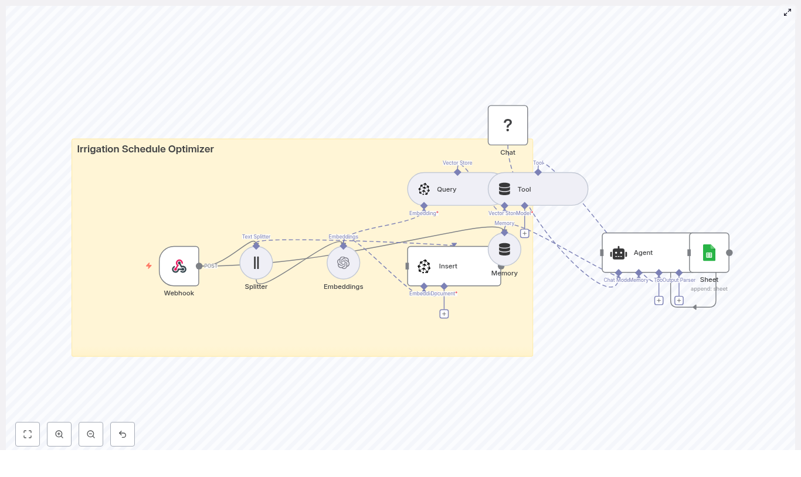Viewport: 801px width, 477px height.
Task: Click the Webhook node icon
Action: coord(179,266)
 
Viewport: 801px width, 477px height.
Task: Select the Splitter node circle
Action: coord(256,263)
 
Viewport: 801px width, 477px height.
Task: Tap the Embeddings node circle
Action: coord(344,263)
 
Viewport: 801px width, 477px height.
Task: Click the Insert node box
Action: coord(454,266)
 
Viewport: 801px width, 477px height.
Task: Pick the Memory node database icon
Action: coord(504,249)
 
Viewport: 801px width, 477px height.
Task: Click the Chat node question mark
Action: coord(508,125)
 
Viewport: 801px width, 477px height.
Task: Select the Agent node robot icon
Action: coord(619,253)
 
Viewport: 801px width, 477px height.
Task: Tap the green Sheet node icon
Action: coord(709,253)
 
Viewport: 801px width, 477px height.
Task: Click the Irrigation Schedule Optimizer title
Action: coord(145,149)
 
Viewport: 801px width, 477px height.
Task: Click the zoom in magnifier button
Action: coord(59,434)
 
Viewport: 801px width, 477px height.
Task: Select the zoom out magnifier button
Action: coord(91,434)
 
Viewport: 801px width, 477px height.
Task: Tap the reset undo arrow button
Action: coord(123,434)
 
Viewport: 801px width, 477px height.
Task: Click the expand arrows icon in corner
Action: coord(788,12)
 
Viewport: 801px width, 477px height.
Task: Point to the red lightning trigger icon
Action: coord(149,265)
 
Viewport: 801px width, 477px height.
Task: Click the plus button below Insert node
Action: coord(444,314)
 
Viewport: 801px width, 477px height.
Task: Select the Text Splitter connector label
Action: coord(256,237)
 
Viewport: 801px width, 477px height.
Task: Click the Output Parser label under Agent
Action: coord(680,280)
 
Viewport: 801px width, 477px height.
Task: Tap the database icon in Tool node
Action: coord(504,189)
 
